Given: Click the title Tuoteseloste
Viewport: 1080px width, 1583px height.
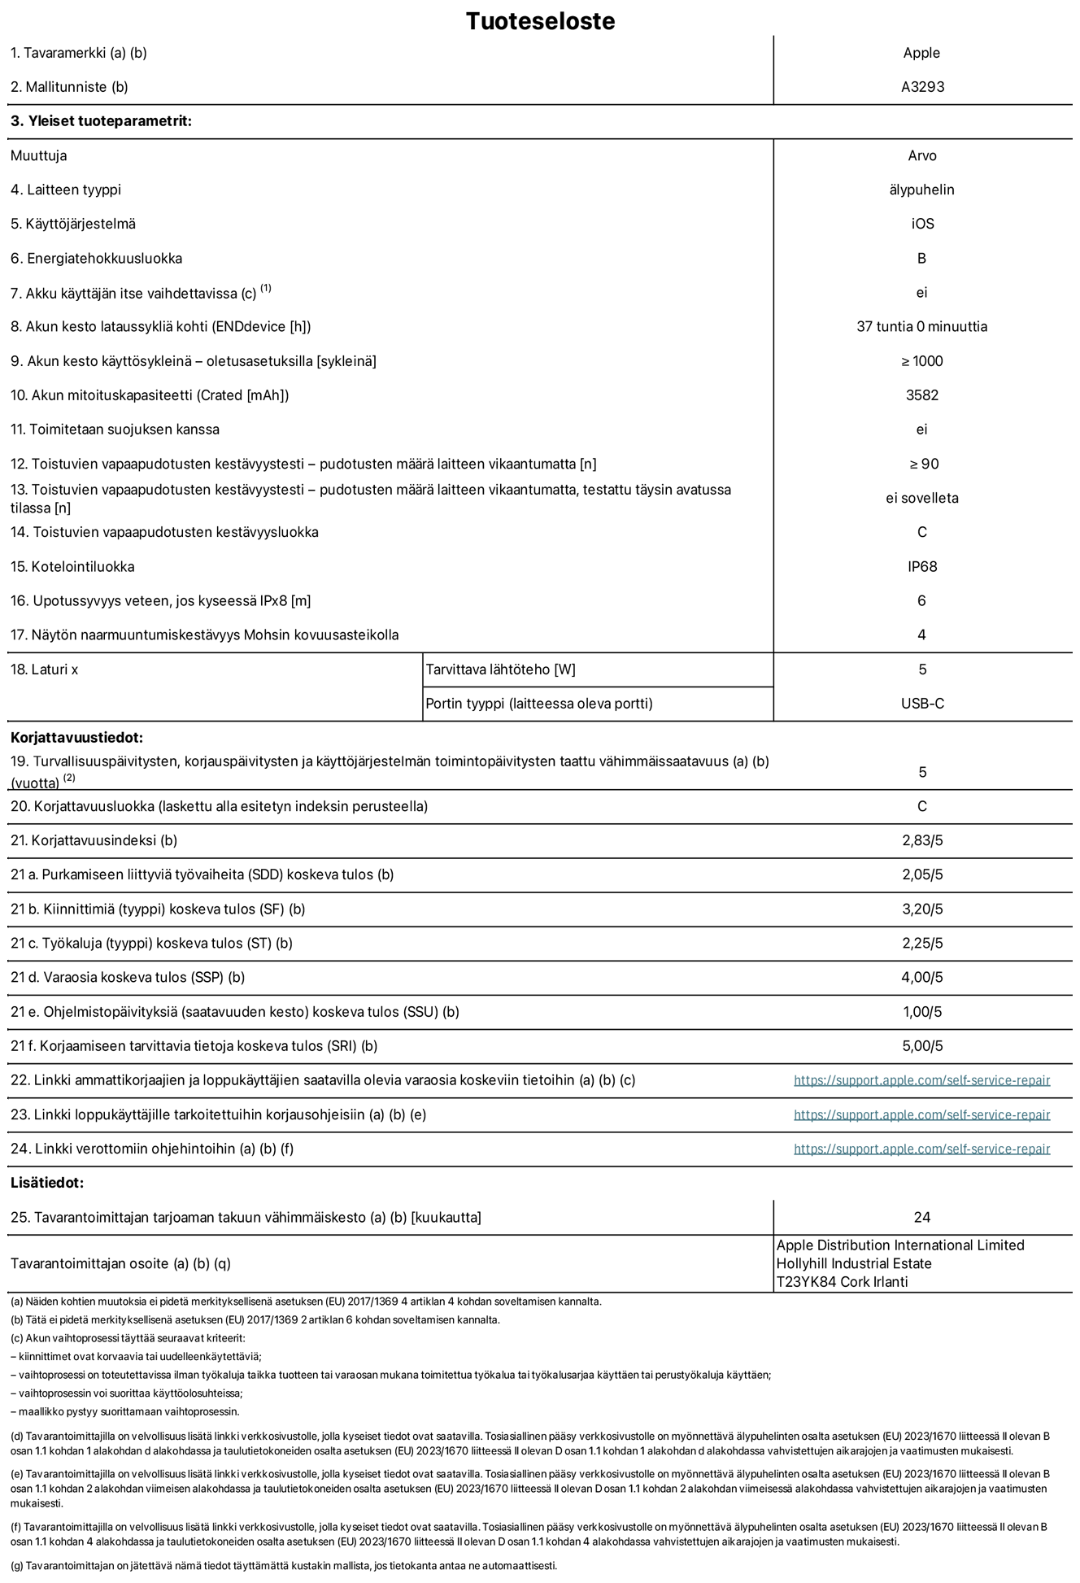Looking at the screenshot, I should pyautogui.click(x=540, y=21).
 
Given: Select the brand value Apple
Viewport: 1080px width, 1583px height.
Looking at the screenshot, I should pyautogui.click(x=921, y=53).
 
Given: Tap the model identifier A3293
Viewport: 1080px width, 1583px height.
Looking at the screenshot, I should pyautogui.click(x=922, y=87).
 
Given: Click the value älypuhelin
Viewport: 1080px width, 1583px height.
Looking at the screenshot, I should pyautogui.click(x=921, y=190).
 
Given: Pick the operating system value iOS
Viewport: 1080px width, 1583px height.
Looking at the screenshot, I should pyautogui.click(x=922, y=224).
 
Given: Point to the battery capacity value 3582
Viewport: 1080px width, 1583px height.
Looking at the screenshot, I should pyautogui.click(x=921, y=395).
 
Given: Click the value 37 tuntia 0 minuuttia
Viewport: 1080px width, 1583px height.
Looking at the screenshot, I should pyautogui.click(x=921, y=327).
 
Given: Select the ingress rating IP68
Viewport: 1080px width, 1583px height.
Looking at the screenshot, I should pyautogui.click(x=922, y=567).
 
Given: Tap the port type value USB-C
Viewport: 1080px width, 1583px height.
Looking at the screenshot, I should pyautogui.click(x=922, y=704).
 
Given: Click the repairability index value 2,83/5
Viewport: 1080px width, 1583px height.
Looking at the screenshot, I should pyautogui.click(x=922, y=840).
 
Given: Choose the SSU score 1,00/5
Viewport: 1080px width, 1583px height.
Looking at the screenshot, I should pyautogui.click(x=922, y=1012).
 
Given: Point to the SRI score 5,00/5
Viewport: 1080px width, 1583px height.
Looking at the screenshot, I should pyautogui.click(x=922, y=1046).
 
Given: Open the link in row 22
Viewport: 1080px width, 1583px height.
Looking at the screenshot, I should pyautogui.click(x=921, y=1080).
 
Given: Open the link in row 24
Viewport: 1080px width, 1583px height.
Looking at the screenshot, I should pyautogui.click(x=921, y=1149).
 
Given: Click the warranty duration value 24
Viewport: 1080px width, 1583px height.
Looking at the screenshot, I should pyautogui.click(x=921, y=1218).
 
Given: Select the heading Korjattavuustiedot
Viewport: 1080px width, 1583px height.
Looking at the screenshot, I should pyautogui.click(x=76, y=738).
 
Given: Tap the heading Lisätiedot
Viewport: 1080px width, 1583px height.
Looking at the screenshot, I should pyautogui.click(x=47, y=1183).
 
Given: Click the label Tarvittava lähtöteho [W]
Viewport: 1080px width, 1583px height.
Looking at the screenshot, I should pyautogui.click(x=500, y=669).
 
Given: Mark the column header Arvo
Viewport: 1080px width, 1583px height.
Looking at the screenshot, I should pyautogui.click(x=921, y=155).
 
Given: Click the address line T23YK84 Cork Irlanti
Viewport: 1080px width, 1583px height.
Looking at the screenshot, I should pyautogui.click(x=842, y=1282).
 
